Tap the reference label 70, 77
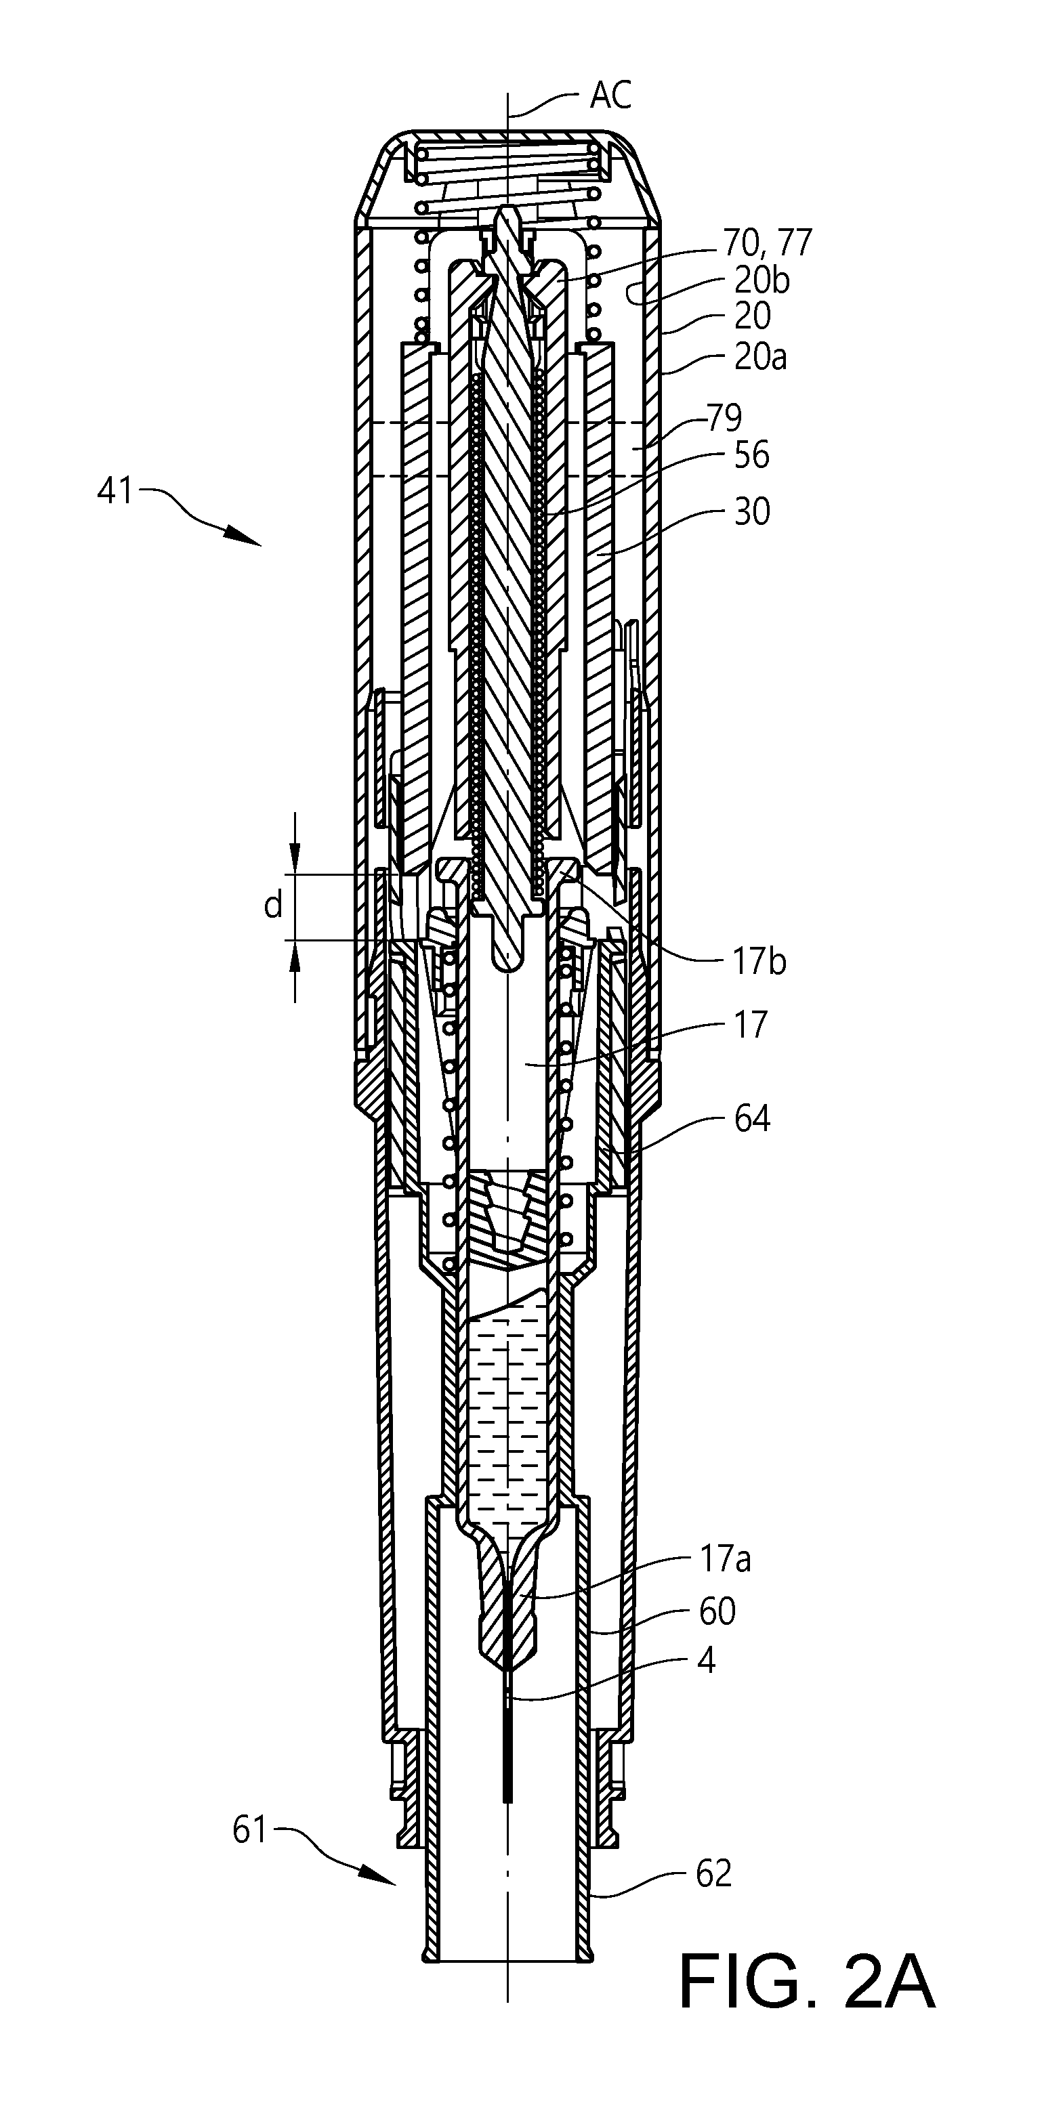click(x=767, y=242)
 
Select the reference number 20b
click(x=762, y=281)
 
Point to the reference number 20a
click(x=760, y=358)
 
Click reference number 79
click(x=724, y=418)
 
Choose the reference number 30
click(x=751, y=513)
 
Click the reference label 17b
click(x=759, y=962)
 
